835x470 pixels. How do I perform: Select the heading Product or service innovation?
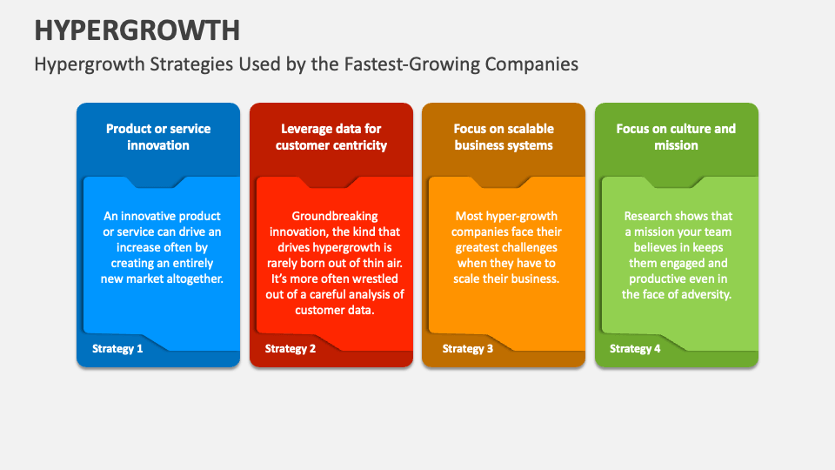click(158, 137)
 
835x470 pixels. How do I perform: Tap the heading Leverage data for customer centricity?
click(331, 137)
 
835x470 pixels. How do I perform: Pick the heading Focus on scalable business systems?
click(504, 137)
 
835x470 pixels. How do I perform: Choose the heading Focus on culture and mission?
click(676, 137)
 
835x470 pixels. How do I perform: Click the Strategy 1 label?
click(117, 348)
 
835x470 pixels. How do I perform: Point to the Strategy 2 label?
click(291, 348)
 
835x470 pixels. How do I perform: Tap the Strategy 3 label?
click(468, 348)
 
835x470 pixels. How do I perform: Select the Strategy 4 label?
click(635, 348)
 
